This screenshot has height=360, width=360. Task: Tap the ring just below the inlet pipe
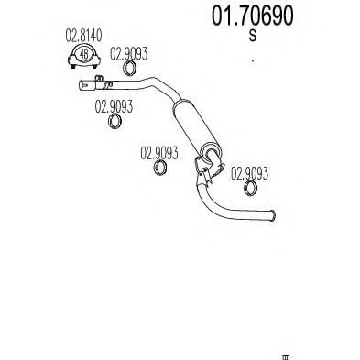pyautogui.click(x=116, y=123)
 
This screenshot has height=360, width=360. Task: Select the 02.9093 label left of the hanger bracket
pyautogui.click(x=158, y=154)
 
